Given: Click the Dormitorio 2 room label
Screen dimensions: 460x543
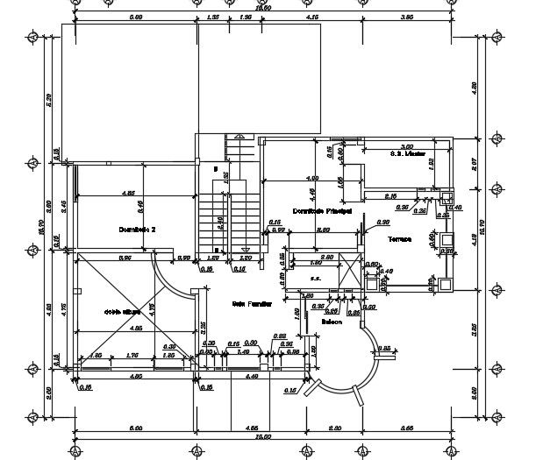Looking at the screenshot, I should (x=137, y=229).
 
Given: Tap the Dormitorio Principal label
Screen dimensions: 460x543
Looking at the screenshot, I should (x=322, y=211).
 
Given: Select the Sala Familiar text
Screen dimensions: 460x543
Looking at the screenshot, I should (x=251, y=304).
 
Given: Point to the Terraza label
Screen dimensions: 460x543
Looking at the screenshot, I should (x=400, y=238).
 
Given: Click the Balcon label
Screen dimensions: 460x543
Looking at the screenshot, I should (x=331, y=322).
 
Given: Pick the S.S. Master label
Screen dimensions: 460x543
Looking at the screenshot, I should (x=408, y=152).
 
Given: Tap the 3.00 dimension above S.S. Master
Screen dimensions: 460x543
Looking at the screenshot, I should (x=407, y=146).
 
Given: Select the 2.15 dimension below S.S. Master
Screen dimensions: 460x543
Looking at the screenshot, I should (x=392, y=196).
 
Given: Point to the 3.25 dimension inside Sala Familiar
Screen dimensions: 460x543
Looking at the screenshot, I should (x=204, y=329).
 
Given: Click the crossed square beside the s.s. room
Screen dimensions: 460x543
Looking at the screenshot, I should (x=383, y=282).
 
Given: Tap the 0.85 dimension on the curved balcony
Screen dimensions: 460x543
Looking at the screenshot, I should (x=383, y=349).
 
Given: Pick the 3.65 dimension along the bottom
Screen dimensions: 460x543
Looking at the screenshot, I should (x=404, y=428).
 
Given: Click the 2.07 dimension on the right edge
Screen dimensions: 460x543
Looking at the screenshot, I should (x=474, y=163).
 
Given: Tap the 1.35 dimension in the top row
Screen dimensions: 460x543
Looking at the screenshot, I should (x=213, y=17).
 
